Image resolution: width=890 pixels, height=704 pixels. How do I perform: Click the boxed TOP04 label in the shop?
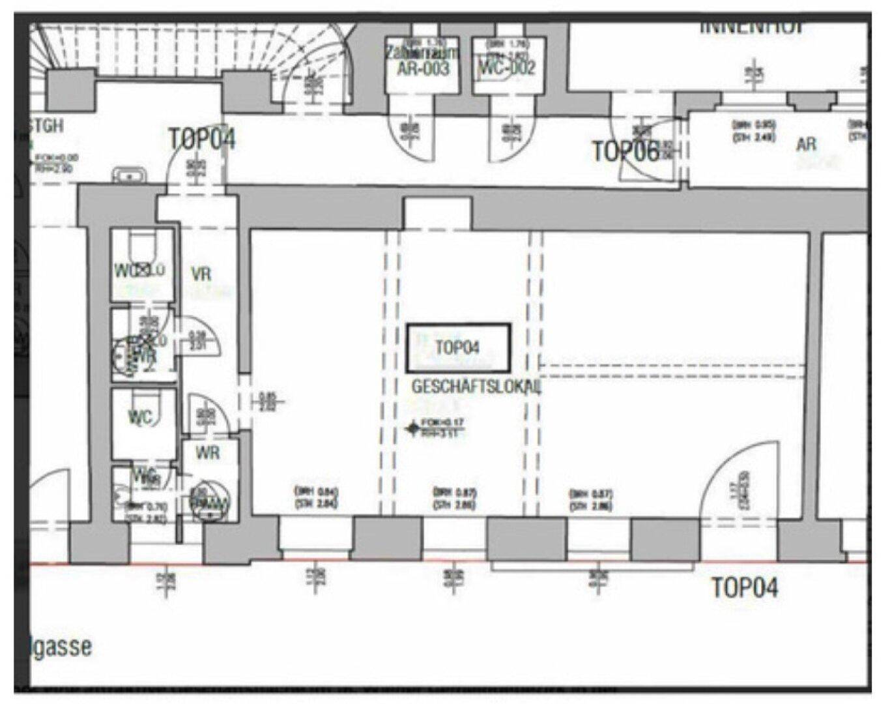457,348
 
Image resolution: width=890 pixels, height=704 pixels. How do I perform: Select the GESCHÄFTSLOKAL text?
476,387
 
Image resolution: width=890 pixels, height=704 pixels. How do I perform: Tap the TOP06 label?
624,151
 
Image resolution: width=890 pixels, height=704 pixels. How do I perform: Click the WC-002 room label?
508,67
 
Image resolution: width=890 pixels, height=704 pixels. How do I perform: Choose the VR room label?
201,274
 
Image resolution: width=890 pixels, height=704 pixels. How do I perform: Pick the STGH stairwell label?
46,125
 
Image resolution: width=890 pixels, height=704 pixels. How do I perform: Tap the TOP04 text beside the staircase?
201,139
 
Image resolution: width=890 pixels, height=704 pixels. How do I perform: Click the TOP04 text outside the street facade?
744,588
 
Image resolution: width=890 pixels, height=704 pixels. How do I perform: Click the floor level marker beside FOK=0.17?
412,428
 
